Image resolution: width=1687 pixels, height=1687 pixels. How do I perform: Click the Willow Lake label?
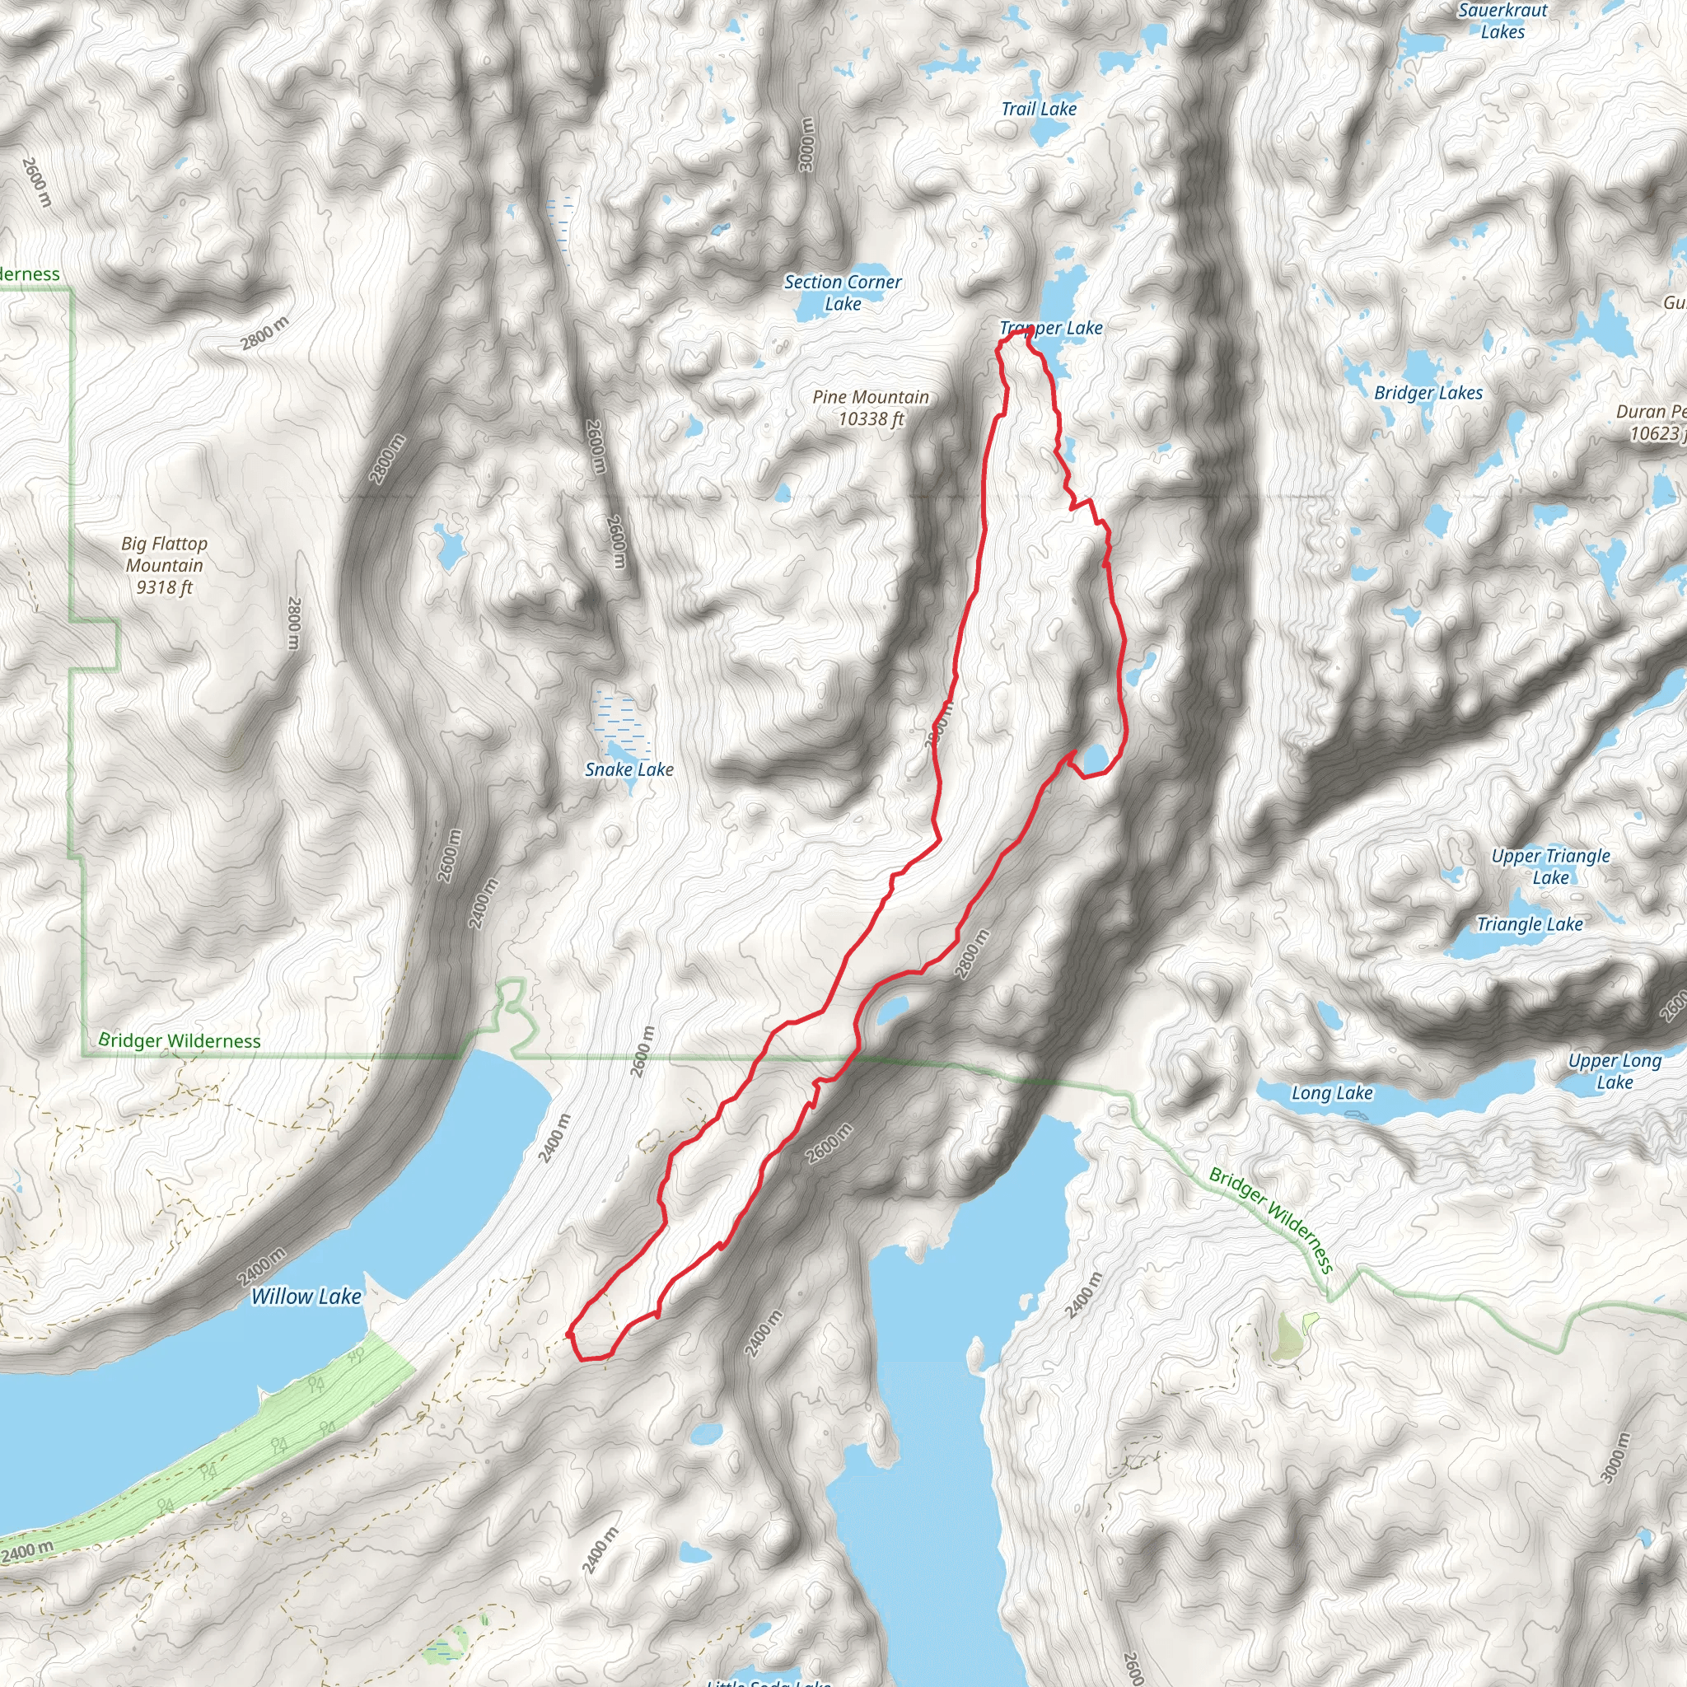click(306, 1297)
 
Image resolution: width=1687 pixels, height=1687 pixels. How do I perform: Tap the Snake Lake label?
click(629, 769)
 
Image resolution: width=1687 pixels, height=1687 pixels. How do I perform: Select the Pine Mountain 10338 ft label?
click(871, 408)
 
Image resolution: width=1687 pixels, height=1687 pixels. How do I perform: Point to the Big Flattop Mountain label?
click(164, 565)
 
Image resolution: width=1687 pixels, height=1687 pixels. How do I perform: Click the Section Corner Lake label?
click(843, 292)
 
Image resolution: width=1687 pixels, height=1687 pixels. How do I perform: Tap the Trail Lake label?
click(1038, 110)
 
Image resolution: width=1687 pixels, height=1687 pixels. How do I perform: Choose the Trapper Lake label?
click(1051, 329)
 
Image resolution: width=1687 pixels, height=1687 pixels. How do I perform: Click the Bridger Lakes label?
click(1428, 393)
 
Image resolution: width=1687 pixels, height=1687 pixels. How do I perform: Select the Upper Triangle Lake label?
click(1550, 867)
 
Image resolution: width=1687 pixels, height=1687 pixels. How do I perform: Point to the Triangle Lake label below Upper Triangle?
click(1529, 924)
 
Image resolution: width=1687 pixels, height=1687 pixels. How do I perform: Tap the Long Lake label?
click(1332, 1093)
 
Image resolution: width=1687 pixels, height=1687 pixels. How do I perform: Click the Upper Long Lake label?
click(1614, 1072)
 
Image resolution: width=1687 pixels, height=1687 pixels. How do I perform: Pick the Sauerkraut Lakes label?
click(1502, 21)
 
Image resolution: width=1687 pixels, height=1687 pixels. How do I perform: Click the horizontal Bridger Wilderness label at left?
click(179, 1041)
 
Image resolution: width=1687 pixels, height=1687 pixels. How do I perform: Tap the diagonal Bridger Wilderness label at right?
click(1270, 1220)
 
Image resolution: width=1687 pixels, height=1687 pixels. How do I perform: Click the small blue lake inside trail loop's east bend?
click(1096, 758)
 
